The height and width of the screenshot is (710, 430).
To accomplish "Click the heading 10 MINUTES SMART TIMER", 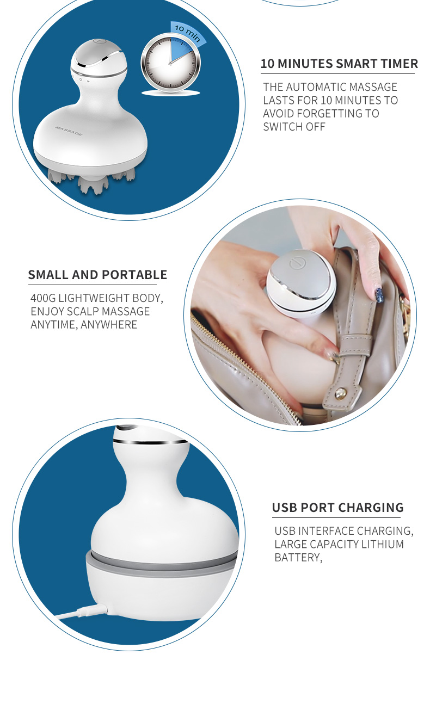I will [339, 64].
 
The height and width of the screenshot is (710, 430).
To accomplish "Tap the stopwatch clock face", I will [170, 64].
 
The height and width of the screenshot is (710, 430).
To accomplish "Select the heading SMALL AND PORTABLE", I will [97, 275].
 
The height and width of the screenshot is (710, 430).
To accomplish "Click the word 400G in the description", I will [43, 298].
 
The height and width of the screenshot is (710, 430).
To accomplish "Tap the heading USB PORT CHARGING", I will [337, 508].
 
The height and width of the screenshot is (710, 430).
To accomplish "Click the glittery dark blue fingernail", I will [379, 295].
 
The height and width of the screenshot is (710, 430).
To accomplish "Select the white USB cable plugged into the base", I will [76, 613].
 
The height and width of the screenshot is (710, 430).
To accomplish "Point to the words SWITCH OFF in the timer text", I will [294, 127].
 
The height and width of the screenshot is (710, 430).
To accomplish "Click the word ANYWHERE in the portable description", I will [109, 325].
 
